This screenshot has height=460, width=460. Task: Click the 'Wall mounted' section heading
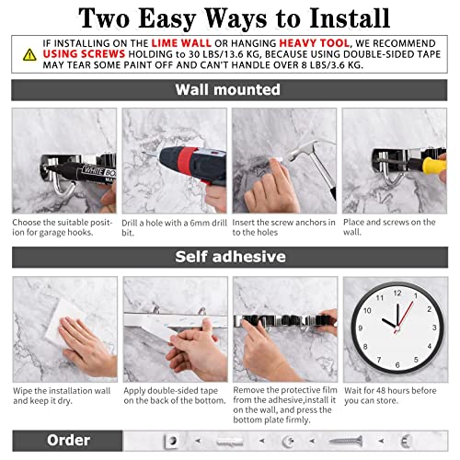(228, 89)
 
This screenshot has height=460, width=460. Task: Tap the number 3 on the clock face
(427, 324)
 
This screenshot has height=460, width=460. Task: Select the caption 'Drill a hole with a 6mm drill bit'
(173, 227)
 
